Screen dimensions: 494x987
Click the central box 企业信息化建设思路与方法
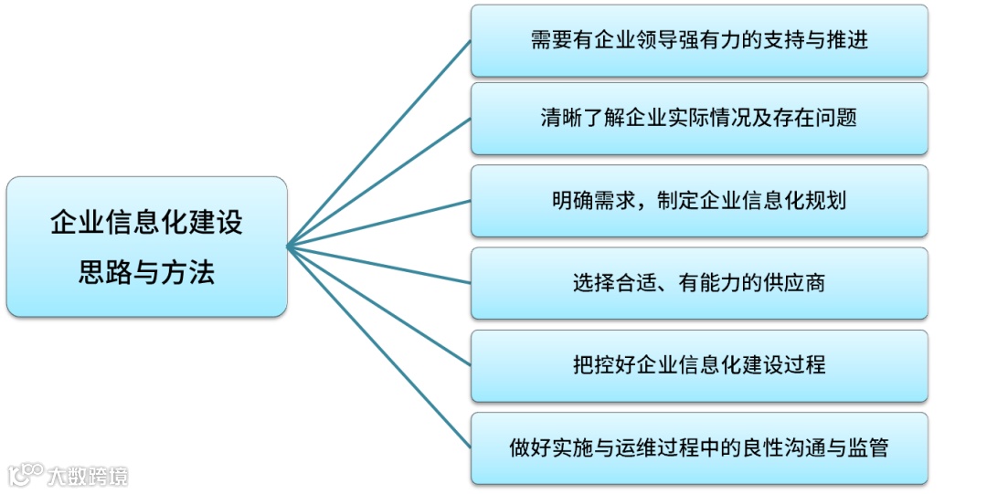pyautogui.click(x=146, y=247)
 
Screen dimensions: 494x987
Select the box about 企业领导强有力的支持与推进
pyautogui.click(x=699, y=40)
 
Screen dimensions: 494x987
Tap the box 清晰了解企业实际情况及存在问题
pyautogui.click(x=699, y=119)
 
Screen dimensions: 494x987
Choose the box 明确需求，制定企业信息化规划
pyautogui.click(x=699, y=201)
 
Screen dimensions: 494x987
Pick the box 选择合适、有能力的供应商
pyautogui.click(x=699, y=283)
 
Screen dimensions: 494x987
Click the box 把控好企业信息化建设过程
pyautogui.click(x=699, y=365)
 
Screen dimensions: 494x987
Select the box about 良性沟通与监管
pyautogui.click(x=699, y=448)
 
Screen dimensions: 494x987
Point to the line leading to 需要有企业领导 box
pyautogui.click(x=379, y=143)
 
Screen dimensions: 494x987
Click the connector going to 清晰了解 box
pyautogui.click(x=379, y=183)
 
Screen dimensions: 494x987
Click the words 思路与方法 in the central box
pyautogui.click(x=146, y=272)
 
